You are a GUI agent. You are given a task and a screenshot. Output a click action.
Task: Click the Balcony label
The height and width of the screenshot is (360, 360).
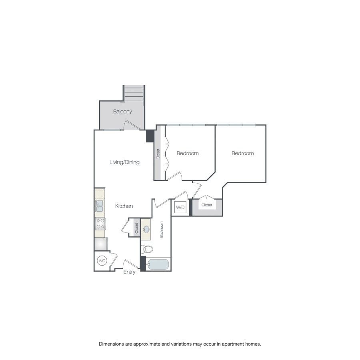122,112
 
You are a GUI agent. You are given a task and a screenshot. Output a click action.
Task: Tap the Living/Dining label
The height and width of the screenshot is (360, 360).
124,162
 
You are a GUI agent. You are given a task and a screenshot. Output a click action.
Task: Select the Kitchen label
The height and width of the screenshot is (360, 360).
124,206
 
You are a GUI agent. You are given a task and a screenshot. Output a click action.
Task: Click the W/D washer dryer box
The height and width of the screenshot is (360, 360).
180,208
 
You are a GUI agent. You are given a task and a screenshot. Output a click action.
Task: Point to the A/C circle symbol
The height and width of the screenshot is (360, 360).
102,261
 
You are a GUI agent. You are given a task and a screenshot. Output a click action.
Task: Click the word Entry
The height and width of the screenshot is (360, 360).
129,272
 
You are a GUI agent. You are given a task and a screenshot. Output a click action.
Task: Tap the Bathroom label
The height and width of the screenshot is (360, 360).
162,230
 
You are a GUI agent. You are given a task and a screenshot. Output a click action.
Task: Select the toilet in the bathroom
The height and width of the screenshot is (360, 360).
148,249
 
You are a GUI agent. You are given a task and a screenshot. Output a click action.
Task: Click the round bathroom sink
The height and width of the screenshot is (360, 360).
146,229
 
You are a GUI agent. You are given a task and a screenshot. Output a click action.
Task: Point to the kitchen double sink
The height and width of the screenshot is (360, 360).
99,206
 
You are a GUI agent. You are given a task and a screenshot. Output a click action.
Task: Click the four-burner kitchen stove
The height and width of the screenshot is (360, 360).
100,223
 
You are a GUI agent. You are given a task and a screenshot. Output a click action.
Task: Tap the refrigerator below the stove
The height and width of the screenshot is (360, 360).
100,244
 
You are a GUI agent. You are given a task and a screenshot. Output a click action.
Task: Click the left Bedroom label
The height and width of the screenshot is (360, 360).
188,153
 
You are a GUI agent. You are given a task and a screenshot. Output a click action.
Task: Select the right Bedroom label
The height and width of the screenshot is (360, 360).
242,153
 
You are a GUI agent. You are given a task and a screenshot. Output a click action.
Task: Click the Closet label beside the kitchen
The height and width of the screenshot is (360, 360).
136,228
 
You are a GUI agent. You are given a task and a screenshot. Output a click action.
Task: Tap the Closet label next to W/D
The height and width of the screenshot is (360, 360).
207,205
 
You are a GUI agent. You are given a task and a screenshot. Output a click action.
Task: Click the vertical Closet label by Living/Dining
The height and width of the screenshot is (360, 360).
158,154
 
